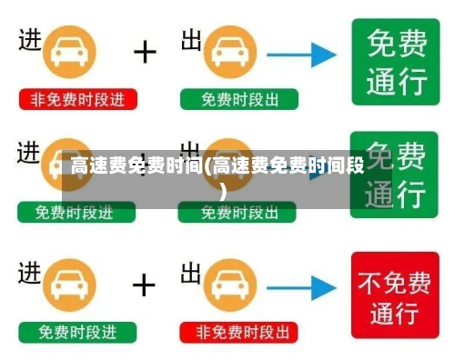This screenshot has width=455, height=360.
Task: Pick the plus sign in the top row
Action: click(145, 51)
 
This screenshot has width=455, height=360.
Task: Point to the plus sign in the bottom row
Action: click(145, 285)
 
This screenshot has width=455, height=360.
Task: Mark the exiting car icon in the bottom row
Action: click(238, 287)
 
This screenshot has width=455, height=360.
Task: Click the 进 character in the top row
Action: click(30, 41)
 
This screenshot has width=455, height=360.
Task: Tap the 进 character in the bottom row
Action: click(30, 272)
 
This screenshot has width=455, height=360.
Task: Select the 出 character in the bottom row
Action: click(191, 272)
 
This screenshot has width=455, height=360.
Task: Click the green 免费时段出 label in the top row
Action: click(238, 99)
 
